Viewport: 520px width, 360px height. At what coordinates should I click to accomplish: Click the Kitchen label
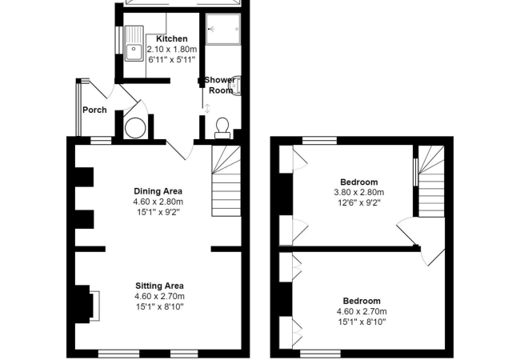pyautogui.click(x=172, y=38)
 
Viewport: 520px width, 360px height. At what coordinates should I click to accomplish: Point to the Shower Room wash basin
pyautogui.click(x=236, y=86)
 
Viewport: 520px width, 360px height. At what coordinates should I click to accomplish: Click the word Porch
pyautogui.click(x=94, y=110)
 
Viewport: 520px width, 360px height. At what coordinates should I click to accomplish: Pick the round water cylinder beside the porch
pyautogui.click(x=135, y=126)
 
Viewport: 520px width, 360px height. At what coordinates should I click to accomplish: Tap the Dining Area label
pyautogui.click(x=158, y=191)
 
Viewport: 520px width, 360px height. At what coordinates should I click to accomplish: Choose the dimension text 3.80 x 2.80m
pyautogui.click(x=358, y=193)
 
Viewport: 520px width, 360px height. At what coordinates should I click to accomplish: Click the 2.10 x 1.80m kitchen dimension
pyautogui.click(x=172, y=49)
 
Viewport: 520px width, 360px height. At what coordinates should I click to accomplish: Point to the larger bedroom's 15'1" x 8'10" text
pyautogui.click(x=358, y=322)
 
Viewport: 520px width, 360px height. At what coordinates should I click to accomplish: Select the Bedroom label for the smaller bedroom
pyautogui.click(x=358, y=182)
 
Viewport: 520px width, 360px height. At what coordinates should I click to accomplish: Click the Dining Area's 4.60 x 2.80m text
pyautogui.click(x=158, y=202)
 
